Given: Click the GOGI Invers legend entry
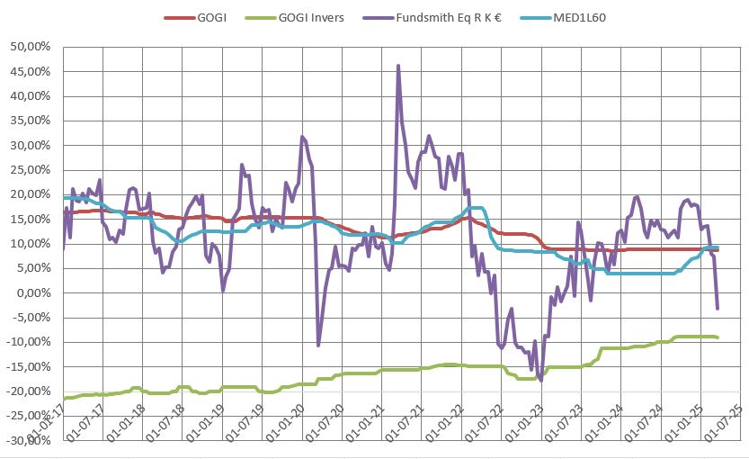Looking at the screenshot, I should (311, 17).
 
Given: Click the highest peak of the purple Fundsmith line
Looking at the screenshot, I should (397, 66).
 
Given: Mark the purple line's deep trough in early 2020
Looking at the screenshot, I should (318, 345).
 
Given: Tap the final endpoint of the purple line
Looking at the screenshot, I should (717, 309).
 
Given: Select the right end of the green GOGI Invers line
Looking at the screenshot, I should (717, 337).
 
